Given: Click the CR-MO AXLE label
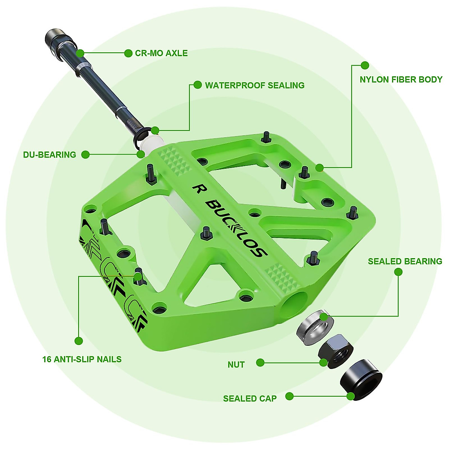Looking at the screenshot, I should click(161, 53).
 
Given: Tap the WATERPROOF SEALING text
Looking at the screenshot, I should click(254, 85).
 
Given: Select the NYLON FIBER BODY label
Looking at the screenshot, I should click(401, 79).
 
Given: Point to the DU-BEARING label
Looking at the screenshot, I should click(49, 155).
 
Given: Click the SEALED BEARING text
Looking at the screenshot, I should click(405, 261).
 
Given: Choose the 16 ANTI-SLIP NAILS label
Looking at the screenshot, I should click(82, 359).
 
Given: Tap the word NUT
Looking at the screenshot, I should click(236, 364).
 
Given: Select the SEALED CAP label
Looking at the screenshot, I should click(250, 398).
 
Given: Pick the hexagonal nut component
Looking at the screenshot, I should click(336, 351).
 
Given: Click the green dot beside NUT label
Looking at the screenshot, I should click(260, 362).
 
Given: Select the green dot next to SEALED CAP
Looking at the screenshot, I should click(289, 396).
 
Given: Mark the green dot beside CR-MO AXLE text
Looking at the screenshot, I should click(128, 53).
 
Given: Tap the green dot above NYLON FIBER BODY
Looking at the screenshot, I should click(365, 65).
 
